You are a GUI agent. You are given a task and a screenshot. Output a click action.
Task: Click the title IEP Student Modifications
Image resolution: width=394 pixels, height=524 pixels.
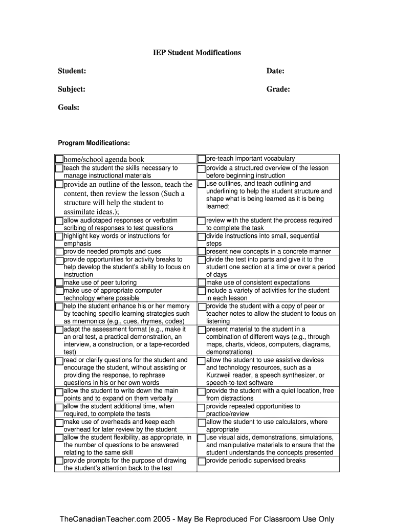click(197, 53)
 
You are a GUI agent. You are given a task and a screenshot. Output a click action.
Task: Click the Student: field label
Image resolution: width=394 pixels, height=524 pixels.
click(72, 71)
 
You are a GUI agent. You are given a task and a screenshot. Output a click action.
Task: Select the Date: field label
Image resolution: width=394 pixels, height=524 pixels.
click(275, 71)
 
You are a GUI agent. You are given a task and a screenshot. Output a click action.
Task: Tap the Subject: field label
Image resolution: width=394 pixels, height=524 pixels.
click(71, 90)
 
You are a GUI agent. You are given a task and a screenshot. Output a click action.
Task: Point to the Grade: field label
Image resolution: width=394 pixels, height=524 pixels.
click(278, 90)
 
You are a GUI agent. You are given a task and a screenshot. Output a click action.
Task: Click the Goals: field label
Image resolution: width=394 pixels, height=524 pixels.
click(69, 107)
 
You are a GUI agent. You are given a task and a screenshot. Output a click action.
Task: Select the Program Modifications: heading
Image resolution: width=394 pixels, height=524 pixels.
click(94, 143)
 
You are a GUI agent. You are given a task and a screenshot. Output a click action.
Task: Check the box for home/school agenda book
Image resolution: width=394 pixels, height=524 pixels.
click(59, 159)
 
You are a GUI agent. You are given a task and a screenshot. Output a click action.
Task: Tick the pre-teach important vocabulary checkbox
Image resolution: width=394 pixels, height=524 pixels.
click(202, 159)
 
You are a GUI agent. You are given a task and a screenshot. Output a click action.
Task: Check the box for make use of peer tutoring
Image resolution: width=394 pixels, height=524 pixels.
click(59, 282)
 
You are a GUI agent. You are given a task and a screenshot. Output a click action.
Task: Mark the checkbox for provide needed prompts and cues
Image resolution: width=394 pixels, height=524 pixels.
click(59, 252)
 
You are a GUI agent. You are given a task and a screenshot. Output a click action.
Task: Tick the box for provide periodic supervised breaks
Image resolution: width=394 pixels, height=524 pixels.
click(202, 461)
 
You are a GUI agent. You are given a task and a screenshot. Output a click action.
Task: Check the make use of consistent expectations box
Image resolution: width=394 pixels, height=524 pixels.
click(202, 282)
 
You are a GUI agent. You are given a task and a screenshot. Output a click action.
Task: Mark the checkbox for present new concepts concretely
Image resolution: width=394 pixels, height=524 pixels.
click(202, 252)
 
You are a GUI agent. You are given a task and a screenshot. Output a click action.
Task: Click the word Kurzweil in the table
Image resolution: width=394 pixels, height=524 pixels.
click(220, 376)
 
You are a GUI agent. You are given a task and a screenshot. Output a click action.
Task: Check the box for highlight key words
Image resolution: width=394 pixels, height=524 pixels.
click(59, 236)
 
